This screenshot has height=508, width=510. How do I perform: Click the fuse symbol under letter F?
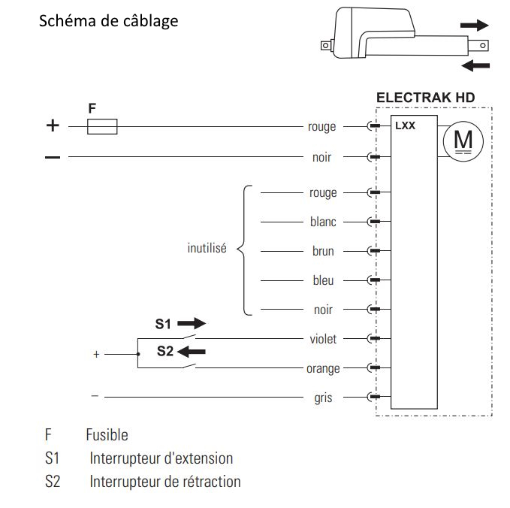pyautogui.click(x=102, y=127)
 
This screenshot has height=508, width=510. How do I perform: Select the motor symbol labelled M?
pyautogui.click(x=459, y=141)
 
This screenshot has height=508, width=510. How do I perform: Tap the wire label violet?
pyautogui.click(x=323, y=339)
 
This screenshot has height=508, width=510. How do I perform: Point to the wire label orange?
pyautogui.click(x=323, y=369)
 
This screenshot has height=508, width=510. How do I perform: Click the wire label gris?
pyautogui.click(x=323, y=398)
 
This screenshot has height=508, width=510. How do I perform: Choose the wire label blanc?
pyautogui.click(x=323, y=222)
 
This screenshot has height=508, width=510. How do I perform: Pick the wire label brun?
pyautogui.click(x=323, y=252)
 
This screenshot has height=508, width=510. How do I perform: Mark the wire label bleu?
pyautogui.click(x=323, y=281)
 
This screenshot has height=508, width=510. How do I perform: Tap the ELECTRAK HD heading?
pyautogui.click(x=425, y=98)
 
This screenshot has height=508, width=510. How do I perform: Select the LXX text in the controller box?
pyautogui.click(x=405, y=126)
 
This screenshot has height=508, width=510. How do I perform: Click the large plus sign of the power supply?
pyautogui.click(x=52, y=126)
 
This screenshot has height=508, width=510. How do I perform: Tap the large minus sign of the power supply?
pyautogui.click(x=52, y=157)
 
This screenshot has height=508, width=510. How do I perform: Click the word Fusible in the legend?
pyautogui.click(x=107, y=435)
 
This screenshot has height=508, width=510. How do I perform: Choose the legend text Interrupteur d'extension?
pyautogui.click(x=161, y=458)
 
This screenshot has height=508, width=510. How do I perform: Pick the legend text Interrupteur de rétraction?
pyautogui.click(x=165, y=482)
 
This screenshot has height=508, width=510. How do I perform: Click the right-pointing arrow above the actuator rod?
pyautogui.click(x=474, y=25)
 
